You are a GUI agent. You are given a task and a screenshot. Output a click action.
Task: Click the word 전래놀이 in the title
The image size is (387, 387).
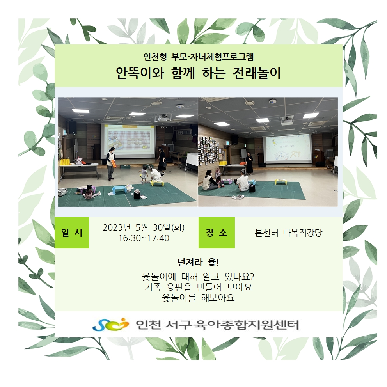pyautogui.click(x=257, y=73)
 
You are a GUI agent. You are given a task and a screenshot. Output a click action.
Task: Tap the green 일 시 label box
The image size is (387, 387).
pyautogui.click(x=71, y=233)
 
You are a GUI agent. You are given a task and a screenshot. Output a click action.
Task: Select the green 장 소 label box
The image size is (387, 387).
pyautogui.click(x=217, y=233)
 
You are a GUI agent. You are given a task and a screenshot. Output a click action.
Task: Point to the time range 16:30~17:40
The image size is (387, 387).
pyautogui.click(x=144, y=238)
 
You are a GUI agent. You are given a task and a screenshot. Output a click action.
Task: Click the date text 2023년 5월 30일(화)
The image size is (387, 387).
pyautogui.click(x=144, y=227)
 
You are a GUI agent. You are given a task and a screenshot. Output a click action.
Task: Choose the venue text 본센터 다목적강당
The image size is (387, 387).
pyautogui.click(x=289, y=233)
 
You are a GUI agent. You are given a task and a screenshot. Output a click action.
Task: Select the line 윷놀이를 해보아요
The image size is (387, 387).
pyautogui.click(x=198, y=298)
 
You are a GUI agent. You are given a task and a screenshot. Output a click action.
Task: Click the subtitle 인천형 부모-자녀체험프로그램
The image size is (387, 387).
pyautogui.click(x=199, y=57)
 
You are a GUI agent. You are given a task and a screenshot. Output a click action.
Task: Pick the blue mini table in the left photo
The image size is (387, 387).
pyautogui.click(x=118, y=190)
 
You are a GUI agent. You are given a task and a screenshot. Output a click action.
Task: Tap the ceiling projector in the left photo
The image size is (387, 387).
pyautogui.click(x=163, y=119)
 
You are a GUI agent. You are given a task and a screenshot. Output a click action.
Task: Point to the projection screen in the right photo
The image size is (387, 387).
pyautogui.click(x=287, y=149)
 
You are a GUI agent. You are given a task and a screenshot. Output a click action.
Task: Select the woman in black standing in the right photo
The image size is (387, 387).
pyautogui.click(x=249, y=163)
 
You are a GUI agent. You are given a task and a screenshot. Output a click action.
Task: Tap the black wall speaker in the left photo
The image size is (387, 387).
pyautogui.click(x=73, y=127)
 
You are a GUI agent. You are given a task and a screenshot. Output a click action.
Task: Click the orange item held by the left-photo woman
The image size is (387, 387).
pyautogui.click(x=114, y=163)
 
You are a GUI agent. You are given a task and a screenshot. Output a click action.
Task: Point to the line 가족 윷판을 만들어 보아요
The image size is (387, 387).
pyautogui.click(x=198, y=287)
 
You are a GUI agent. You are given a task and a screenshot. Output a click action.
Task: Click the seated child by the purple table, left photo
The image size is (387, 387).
pyautogui.click(x=88, y=192)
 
